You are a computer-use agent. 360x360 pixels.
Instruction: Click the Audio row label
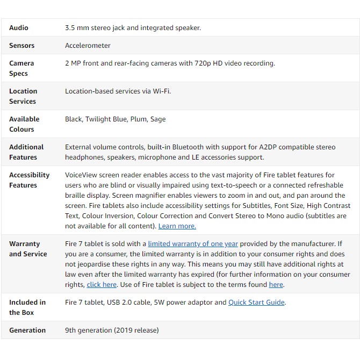click(x=19, y=28)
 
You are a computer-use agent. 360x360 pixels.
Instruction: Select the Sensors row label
click(x=21, y=46)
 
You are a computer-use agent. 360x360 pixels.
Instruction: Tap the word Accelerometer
click(x=88, y=46)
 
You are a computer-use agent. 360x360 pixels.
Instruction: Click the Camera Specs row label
click(x=21, y=68)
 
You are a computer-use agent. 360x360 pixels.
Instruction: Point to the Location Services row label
click(x=23, y=96)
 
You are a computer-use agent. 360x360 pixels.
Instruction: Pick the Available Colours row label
click(x=24, y=124)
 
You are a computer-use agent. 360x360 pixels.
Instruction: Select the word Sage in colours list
click(x=158, y=119)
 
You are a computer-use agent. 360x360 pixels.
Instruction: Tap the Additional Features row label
click(x=26, y=152)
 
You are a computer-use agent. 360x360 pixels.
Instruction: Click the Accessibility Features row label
click(x=29, y=180)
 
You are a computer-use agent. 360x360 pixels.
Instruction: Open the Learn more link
click(x=177, y=226)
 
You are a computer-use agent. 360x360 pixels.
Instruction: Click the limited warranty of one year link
click(x=193, y=244)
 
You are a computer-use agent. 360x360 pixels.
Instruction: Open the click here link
click(x=102, y=285)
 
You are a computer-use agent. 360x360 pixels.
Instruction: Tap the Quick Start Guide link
click(x=256, y=303)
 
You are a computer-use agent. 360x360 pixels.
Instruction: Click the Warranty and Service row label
click(x=27, y=249)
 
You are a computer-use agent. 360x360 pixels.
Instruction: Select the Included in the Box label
click(x=27, y=307)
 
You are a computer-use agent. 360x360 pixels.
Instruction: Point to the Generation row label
click(x=27, y=330)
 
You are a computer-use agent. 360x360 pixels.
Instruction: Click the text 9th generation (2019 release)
click(x=112, y=330)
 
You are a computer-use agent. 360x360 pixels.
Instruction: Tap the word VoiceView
click(x=81, y=175)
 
